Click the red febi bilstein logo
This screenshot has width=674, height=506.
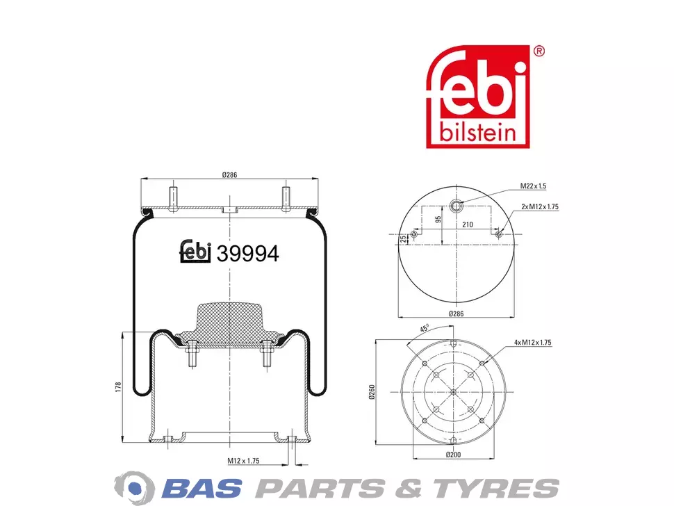tap(477, 97)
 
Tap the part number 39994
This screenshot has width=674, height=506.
tap(247, 254)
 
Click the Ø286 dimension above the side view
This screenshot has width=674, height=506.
tap(229, 175)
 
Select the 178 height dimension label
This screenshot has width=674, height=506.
tap(119, 386)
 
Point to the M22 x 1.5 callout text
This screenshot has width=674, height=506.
tap(533, 186)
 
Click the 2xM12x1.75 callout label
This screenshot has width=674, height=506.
tap(540, 207)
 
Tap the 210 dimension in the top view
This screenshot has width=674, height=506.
tap(468, 225)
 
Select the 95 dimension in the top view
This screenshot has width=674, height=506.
tap(438, 219)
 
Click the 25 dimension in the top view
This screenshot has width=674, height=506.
tap(403, 239)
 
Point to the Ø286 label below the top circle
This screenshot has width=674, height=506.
tap(456, 314)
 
